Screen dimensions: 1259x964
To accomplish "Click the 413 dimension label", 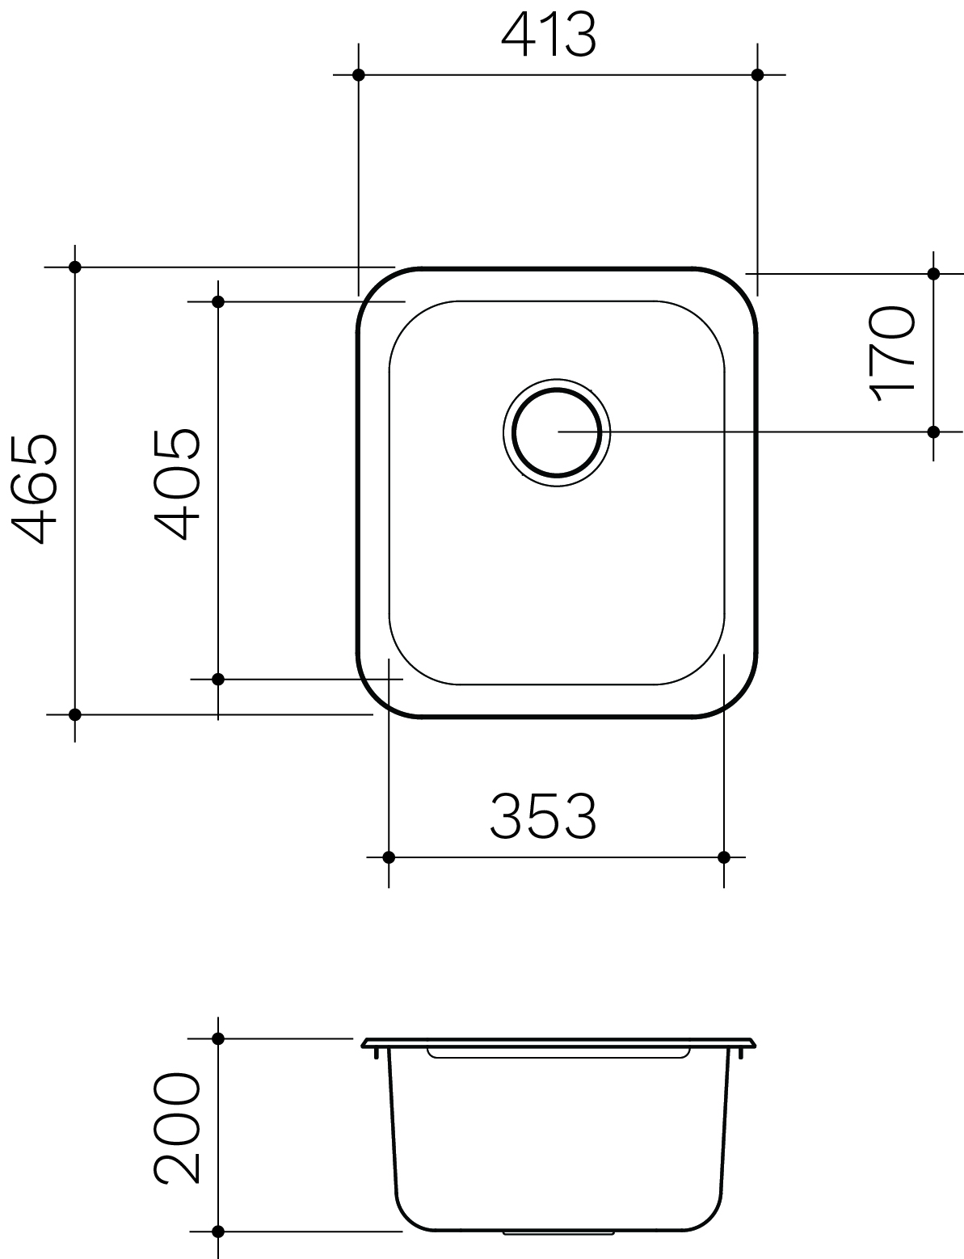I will (549, 36).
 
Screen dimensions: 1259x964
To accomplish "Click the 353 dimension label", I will (543, 816).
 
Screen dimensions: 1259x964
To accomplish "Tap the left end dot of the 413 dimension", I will (359, 75).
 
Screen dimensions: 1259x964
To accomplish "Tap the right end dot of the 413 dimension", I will (757, 75).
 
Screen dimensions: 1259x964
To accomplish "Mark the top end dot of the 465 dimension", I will (75, 267).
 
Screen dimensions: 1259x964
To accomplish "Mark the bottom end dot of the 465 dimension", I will (75, 714).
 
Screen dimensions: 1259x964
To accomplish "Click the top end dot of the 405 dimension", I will (217, 301).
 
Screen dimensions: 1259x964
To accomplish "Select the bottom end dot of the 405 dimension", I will (217, 679).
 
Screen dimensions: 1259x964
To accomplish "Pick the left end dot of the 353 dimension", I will (389, 857).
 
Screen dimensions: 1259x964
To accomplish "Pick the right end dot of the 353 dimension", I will (724, 857).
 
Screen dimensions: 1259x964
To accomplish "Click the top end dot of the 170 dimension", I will (934, 274).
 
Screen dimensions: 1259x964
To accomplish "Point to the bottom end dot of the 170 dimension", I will (934, 432).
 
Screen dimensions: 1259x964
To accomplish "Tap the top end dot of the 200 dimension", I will (217, 1038).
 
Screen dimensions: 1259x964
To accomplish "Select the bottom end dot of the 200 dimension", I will (217, 1232).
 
